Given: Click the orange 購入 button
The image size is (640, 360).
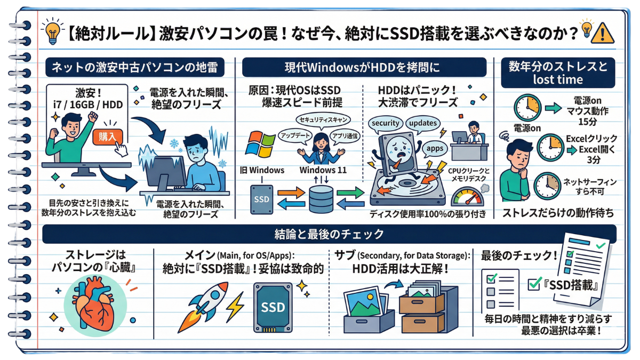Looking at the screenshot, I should point(108,137).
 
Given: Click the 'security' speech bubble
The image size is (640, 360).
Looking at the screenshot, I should point(385,123).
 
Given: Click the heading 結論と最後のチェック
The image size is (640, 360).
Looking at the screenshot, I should point(329,234).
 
